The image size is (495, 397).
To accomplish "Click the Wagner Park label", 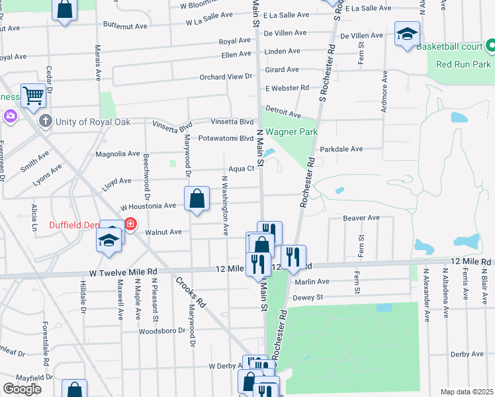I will [293, 132].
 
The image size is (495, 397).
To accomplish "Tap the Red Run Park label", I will [463, 65].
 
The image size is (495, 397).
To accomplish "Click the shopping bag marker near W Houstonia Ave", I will [197, 198].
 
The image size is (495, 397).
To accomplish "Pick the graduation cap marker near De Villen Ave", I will [407, 33].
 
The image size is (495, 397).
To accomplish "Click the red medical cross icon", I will [130, 224].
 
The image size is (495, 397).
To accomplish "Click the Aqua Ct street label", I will [242, 169].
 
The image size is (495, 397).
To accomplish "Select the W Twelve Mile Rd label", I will [124, 272].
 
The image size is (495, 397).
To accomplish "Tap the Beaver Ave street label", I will [361, 218].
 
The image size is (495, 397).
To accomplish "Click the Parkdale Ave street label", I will [341, 149].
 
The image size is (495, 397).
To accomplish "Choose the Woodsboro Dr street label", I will [161, 330].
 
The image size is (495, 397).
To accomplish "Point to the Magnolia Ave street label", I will [118, 154].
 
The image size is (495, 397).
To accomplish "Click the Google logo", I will [22, 389].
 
